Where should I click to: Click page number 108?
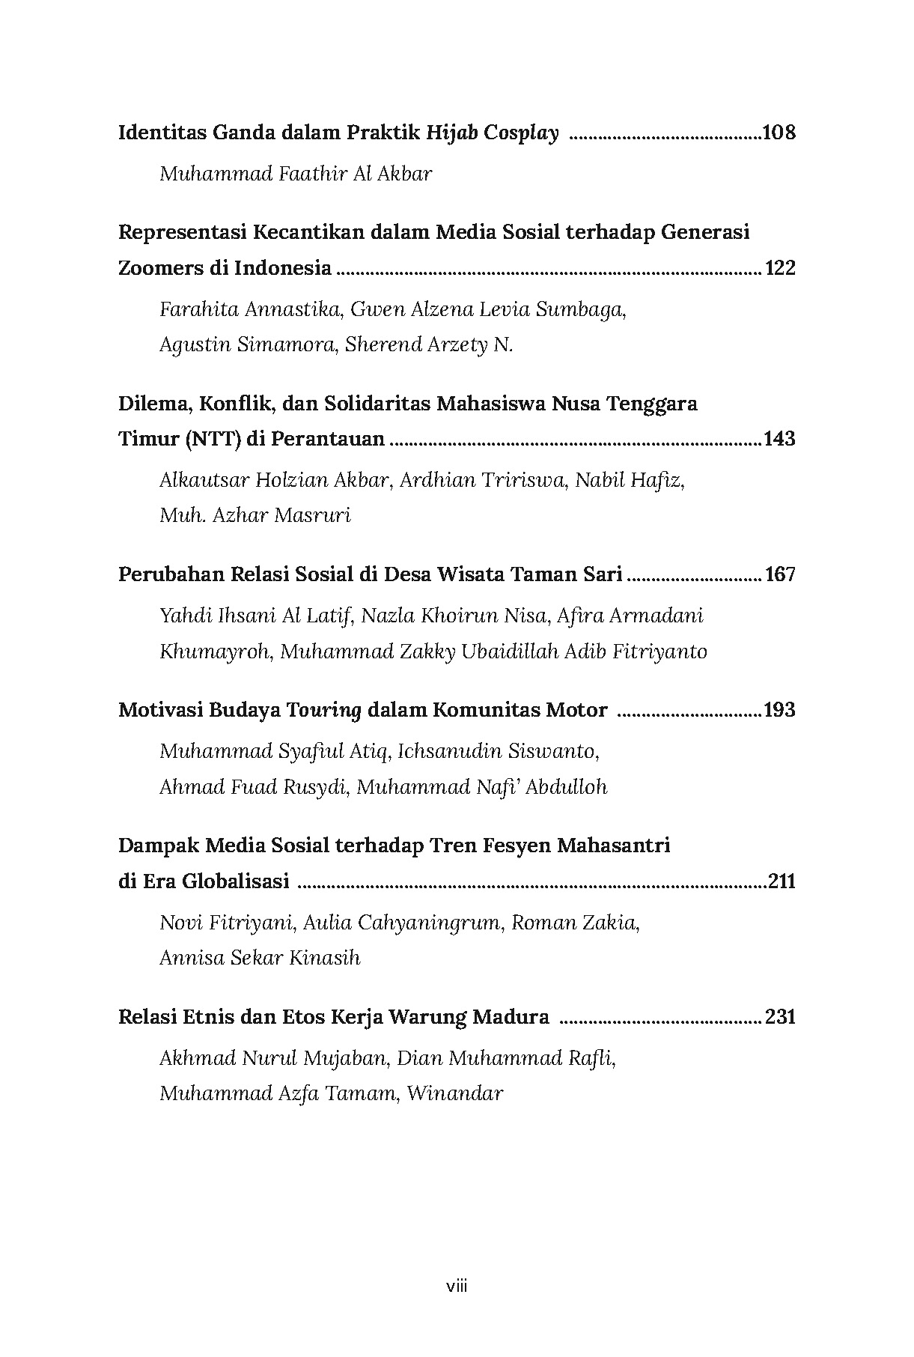[779, 133]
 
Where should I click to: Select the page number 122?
[780, 268]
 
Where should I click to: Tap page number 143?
[779, 439]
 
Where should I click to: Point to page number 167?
[780, 574]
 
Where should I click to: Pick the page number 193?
[779, 710]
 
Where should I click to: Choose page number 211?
[782, 881]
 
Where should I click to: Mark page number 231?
[780, 1017]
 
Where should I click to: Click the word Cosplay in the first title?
[521, 134]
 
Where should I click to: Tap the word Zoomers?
[160, 268]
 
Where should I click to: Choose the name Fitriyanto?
[659, 652]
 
